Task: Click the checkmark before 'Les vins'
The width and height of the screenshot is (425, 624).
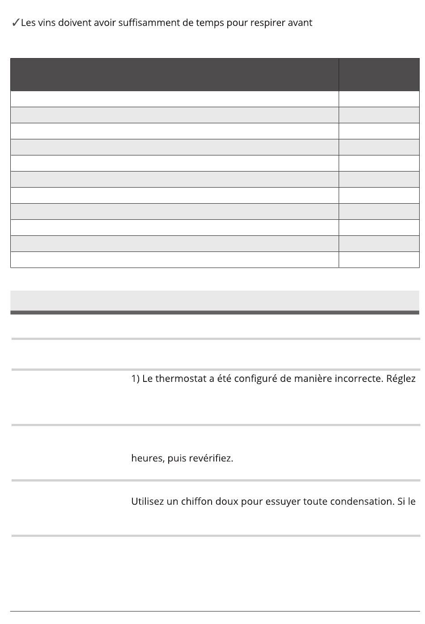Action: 15,23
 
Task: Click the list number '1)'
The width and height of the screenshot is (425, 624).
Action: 136,379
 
